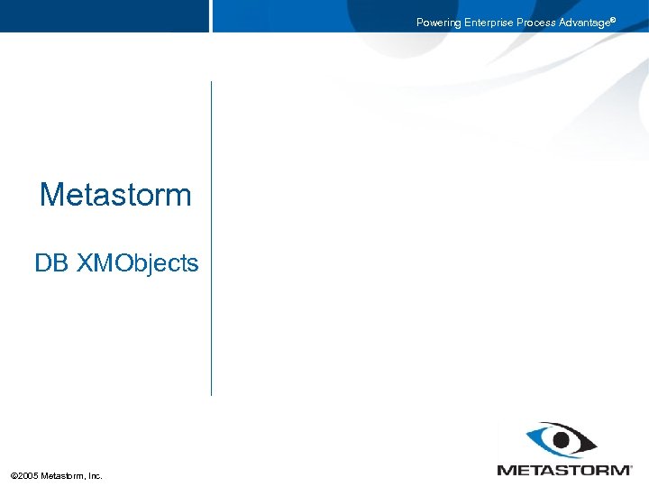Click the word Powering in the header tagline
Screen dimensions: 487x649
click(438, 23)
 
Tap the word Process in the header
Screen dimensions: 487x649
click(536, 23)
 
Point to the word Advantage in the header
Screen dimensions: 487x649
click(584, 23)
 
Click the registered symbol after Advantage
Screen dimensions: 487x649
click(614, 20)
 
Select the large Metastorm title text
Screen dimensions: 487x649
click(115, 195)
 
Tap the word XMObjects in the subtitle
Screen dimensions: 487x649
click(137, 263)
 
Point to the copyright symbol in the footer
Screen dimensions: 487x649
click(14, 475)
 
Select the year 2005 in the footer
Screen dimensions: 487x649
click(30, 475)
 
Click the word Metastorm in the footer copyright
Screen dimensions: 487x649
click(63, 475)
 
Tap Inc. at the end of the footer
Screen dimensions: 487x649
click(95, 475)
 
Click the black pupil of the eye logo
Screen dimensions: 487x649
click(564, 441)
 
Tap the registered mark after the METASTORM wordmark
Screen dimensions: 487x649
click(630, 466)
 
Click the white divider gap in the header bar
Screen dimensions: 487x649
click(211, 16)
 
